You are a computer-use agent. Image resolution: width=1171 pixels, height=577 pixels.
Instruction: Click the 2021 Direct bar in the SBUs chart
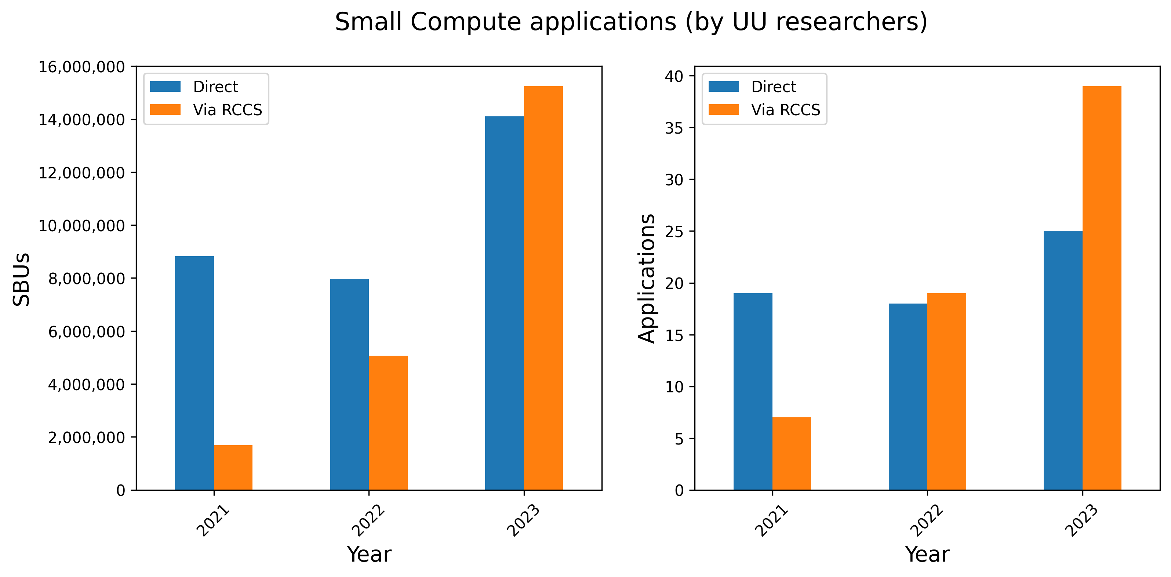coord(194,373)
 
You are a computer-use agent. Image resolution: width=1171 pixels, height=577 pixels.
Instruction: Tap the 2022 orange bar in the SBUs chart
coord(388,422)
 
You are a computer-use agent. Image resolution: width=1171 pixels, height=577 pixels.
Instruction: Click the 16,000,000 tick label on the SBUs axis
coord(81,67)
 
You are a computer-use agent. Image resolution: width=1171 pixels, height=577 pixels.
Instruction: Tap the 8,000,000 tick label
coord(86,279)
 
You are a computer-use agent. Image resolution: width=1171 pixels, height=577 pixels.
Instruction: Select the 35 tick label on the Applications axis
coord(674,128)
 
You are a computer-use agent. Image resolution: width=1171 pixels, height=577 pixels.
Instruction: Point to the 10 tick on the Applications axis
coord(674,387)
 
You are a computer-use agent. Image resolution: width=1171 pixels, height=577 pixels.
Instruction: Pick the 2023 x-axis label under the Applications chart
coord(1082,520)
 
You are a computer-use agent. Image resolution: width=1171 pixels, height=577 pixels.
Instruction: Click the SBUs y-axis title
coord(21,279)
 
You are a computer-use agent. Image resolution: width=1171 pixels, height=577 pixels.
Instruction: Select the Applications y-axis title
coord(646,278)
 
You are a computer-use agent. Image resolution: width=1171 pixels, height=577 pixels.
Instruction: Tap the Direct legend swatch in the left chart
coord(166,86)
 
